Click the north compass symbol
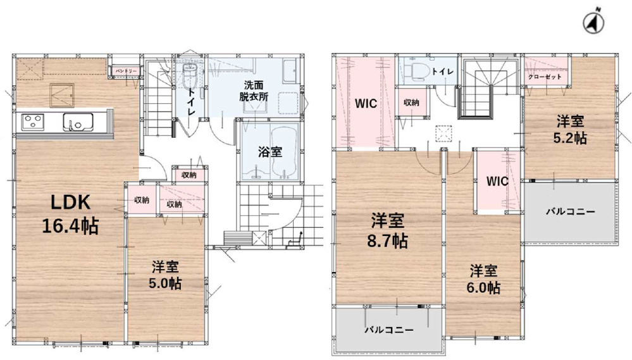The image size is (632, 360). coord(593,24)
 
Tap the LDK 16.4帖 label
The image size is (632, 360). coord(70,214)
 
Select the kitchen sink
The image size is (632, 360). coord(78,121)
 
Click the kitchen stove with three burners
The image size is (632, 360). coord(33,121)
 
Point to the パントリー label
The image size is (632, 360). coord(126,71)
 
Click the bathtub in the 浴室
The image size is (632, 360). coord(284,152)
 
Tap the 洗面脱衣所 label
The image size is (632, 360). coord(254,91)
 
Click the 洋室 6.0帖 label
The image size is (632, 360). coord(483,279)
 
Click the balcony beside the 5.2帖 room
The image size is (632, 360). coord(571,212)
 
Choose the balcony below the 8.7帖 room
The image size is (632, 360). coord(389,330)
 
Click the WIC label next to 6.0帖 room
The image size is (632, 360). coord(497,182)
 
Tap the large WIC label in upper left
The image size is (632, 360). coord(366,104)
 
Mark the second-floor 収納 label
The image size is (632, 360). coord(411,102)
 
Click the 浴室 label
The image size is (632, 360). coord(270,152)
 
